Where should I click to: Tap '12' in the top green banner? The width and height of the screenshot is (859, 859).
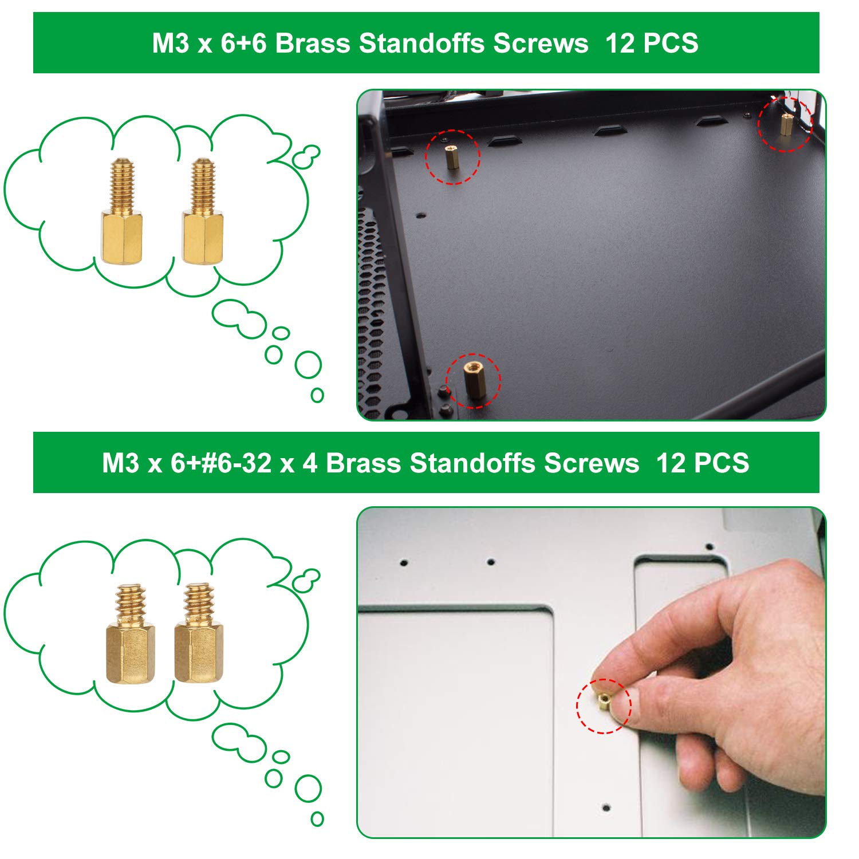[x=620, y=44]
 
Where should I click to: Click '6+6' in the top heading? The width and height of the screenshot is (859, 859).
[x=244, y=44]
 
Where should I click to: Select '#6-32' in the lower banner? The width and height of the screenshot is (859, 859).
[x=236, y=463]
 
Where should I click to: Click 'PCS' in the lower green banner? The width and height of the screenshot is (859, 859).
[x=721, y=463]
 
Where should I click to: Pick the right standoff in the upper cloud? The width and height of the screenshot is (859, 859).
[x=203, y=211]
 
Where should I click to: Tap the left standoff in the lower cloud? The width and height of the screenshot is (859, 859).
[x=130, y=633]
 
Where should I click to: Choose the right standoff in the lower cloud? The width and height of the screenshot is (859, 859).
[x=198, y=633]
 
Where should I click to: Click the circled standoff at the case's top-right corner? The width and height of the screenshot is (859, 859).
[x=786, y=123]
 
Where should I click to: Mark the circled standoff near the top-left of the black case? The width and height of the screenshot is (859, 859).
[x=452, y=156]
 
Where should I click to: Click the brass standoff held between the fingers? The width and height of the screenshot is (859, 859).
[x=603, y=702]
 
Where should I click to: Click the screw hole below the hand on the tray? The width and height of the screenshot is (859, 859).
[x=606, y=808]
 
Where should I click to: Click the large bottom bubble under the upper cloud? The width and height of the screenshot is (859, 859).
[x=308, y=365]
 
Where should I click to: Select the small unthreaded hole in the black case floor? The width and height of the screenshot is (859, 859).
[x=421, y=216]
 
